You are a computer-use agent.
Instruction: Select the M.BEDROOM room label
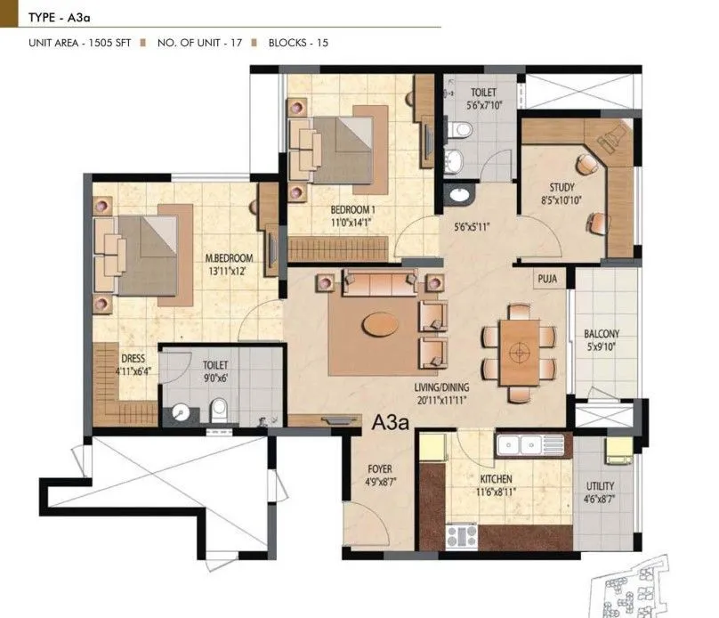pos(229,258)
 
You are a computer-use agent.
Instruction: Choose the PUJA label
pos(546,278)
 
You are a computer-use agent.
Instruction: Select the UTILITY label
pos(600,486)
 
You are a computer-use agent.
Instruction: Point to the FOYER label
pos(379,469)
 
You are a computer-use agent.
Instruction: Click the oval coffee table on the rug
pos(381,325)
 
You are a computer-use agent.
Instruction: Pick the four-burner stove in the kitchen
pos(462,535)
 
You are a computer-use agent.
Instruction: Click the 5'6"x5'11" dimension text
pos(473,227)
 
